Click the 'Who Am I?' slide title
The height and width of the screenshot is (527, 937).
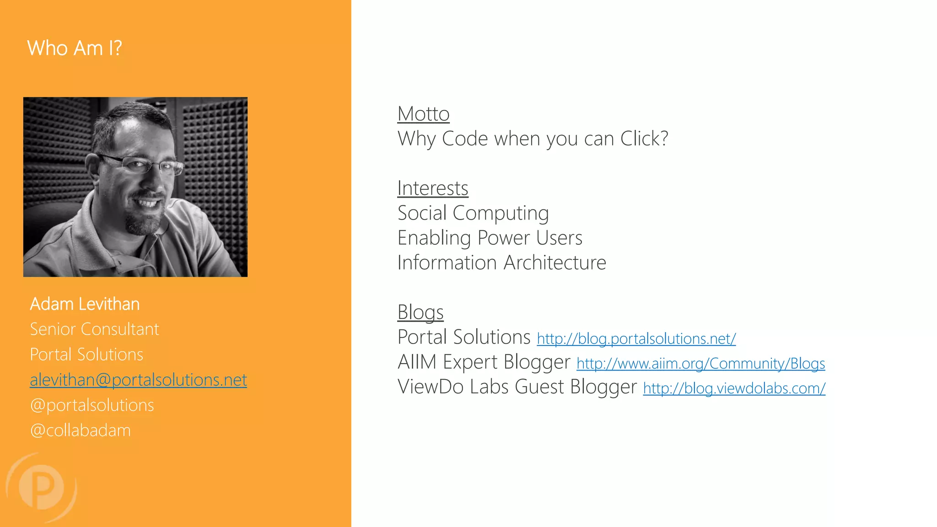click(75, 48)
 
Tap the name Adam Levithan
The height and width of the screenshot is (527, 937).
click(85, 304)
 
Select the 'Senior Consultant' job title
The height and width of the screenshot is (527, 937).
click(94, 329)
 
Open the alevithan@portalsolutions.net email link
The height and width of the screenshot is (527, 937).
click(138, 380)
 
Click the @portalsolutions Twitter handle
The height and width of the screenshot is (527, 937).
click(92, 405)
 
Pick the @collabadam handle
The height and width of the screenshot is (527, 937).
click(81, 430)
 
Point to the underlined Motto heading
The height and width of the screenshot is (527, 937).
click(423, 114)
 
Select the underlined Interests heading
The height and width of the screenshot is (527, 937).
click(432, 188)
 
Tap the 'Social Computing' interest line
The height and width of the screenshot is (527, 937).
click(473, 213)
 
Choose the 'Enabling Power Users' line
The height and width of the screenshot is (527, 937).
click(490, 238)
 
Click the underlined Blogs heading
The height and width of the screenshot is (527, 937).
click(420, 312)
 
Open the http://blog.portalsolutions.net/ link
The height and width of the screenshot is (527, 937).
click(636, 339)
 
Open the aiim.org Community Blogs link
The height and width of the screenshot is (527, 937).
click(700, 364)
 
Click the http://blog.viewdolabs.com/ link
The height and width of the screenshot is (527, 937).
click(734, 388)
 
